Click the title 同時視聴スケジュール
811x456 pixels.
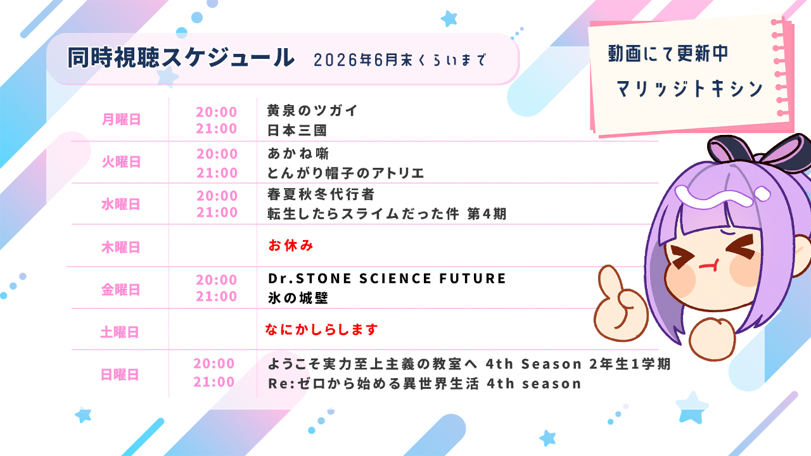(181, 58)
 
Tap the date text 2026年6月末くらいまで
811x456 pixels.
(400, 60)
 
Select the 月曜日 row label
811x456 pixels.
(121, 119)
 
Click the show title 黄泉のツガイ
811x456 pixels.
(313, 111)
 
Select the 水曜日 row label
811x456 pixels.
(120, 204)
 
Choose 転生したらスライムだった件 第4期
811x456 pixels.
(387, 214)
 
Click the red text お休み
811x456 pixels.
(291, 245)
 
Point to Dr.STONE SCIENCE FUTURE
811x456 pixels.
(387, 279)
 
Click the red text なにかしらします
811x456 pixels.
(321, 329)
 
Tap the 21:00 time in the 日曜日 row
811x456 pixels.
(214, 382)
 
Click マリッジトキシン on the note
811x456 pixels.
(689, 89)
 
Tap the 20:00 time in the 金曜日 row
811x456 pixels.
(217, 280)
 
